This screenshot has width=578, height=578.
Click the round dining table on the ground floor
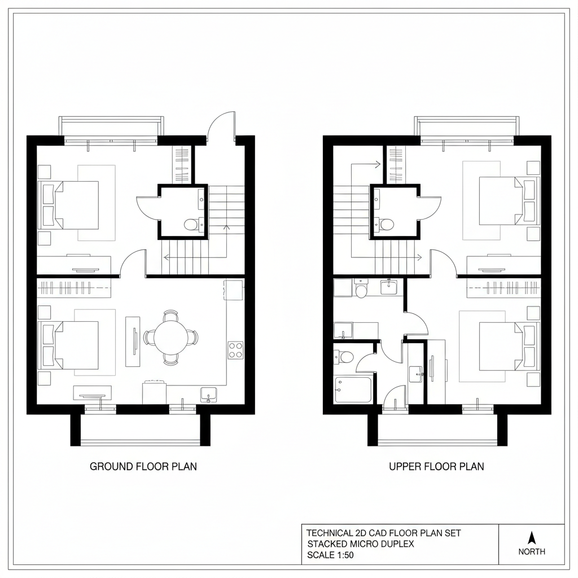pyautogui.click(x=170, y=338)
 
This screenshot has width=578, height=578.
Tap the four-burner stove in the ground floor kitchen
pyautogui.click(x=235, y=350)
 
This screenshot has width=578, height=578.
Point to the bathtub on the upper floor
pyautogui.click(x=353, y=389)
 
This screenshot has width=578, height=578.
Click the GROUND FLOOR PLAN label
pyautogui.click(x=143, y=467)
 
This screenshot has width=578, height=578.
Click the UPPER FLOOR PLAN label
pyautogui.click(x=436, y=467)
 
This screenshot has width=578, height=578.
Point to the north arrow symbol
pyautogui.click(x=531, y=537)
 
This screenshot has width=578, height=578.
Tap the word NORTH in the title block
pyautogui.click(x=532, y=551)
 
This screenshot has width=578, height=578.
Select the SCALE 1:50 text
pyautogui.click(x=331, y=555)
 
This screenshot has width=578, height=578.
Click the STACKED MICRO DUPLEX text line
pyautogui.click(x=361, y=544)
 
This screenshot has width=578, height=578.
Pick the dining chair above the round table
pyautogui.click(x=170, y=314)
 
